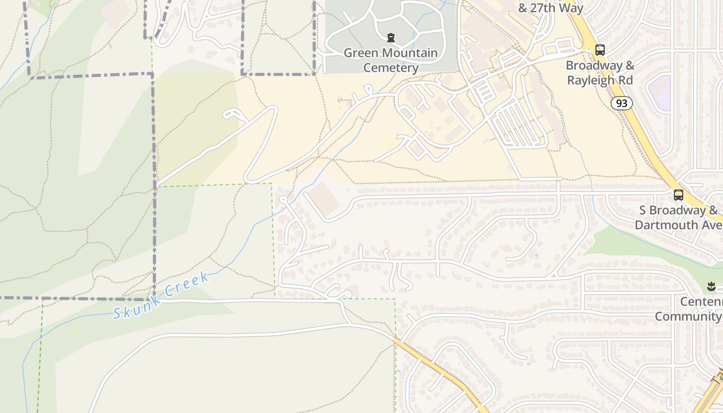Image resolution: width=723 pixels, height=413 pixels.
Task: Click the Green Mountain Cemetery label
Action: click(x=390, y=60)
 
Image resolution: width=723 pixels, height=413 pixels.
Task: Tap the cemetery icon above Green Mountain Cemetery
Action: click(x=391, y=38)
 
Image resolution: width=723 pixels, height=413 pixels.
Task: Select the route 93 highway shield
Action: click(x=622, y=103)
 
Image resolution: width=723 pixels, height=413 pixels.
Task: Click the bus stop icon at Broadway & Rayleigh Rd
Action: click(x=600, y=50)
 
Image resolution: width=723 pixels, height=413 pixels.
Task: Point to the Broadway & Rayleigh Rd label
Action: click(x=600, y=73)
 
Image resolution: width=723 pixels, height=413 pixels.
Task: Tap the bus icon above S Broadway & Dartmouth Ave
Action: click(x=678, y=195)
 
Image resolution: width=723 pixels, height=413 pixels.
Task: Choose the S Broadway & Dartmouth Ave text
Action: click(x=679, y=218)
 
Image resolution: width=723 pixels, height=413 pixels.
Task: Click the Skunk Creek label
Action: click(x=161, y=295)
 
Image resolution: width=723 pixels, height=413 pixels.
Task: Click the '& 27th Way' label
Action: click(x=551, y=8)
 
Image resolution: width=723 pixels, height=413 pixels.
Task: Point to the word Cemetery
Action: click(x=391, y=68)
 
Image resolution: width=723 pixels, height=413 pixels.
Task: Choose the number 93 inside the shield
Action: click(x=622, y=103)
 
